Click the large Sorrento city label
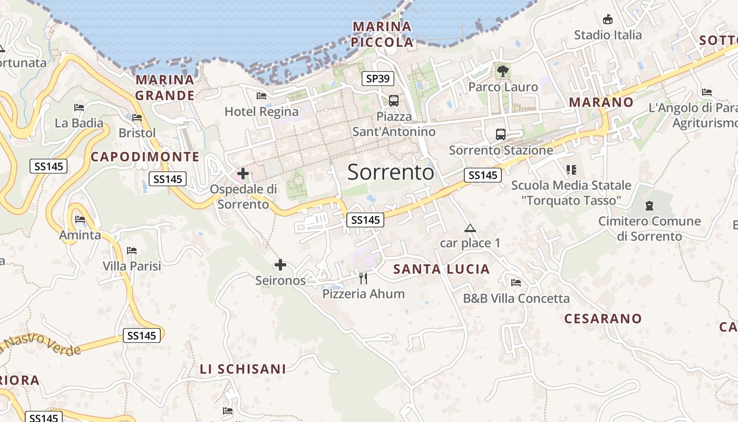tap(391, 172)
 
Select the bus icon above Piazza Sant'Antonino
tap(393, 100)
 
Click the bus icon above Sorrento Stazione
tap(500, 135)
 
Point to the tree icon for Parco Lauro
tap(502, 71)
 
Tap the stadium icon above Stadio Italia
tap(608, 19)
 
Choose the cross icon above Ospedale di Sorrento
tap(242, 173)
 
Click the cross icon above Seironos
tap(280, 265)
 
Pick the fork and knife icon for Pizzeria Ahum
tap(363, 278)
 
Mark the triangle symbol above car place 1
tap(470, 228)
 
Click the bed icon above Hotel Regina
tap(261, 96)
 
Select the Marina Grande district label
tap(165, 88)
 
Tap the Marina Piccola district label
tap(382, 34)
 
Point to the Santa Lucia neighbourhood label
tap(442, 270)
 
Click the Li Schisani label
tap(243, 369)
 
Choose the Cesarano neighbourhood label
tap(603, 319)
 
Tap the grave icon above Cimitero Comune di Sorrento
tap(649, 206)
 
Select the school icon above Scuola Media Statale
tap(571, 170)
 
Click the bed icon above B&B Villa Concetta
tap(516, 283)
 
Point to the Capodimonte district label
tap(145, 157)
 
